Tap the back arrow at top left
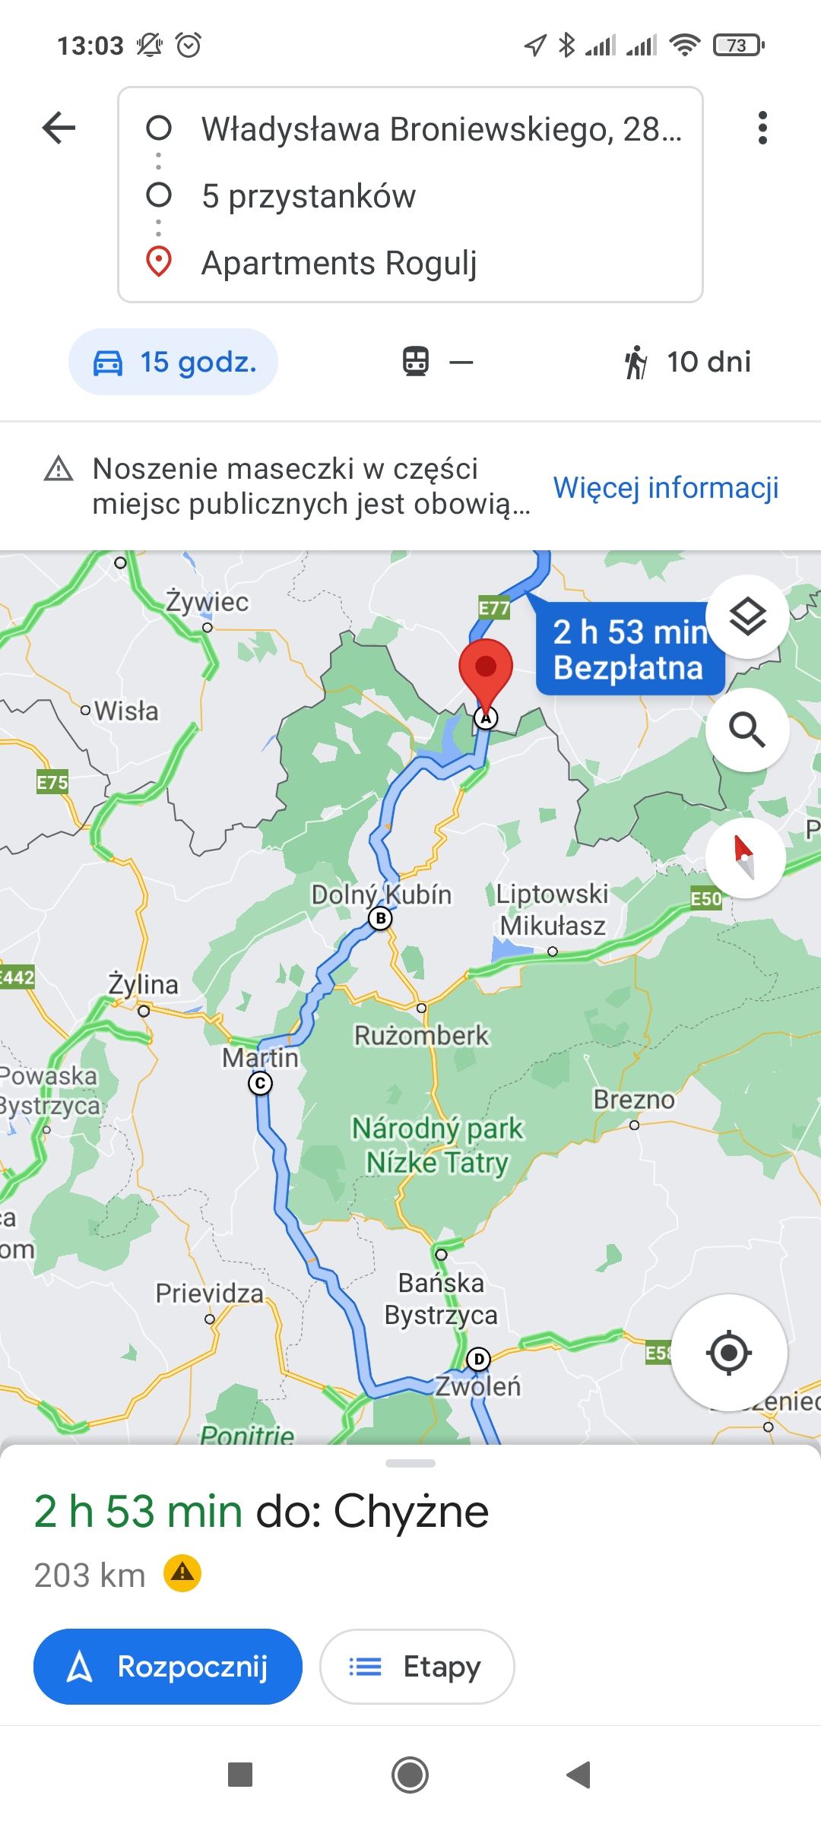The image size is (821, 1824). [59, 128]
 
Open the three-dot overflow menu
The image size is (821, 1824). [762, 128]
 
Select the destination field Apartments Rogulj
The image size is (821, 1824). [339, 263]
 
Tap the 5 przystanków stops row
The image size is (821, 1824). [309, 196]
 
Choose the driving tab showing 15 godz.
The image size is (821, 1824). [173, 362]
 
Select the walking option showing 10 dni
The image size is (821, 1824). [687, 362]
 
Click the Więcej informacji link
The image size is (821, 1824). [665, 487]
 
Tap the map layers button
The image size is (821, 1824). [747, 616]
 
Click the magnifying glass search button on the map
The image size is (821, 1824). [747, 730]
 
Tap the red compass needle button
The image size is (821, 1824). [745, 857]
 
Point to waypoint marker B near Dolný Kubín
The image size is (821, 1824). [381, 918]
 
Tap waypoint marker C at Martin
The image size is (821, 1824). [261, 1083]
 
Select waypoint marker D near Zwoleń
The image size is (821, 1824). [478, 1359]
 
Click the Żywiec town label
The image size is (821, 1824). [208, 602]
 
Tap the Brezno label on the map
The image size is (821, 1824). [633, 1100]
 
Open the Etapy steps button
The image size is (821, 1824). [417, 1666]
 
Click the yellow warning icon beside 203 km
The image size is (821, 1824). [182, 1573]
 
